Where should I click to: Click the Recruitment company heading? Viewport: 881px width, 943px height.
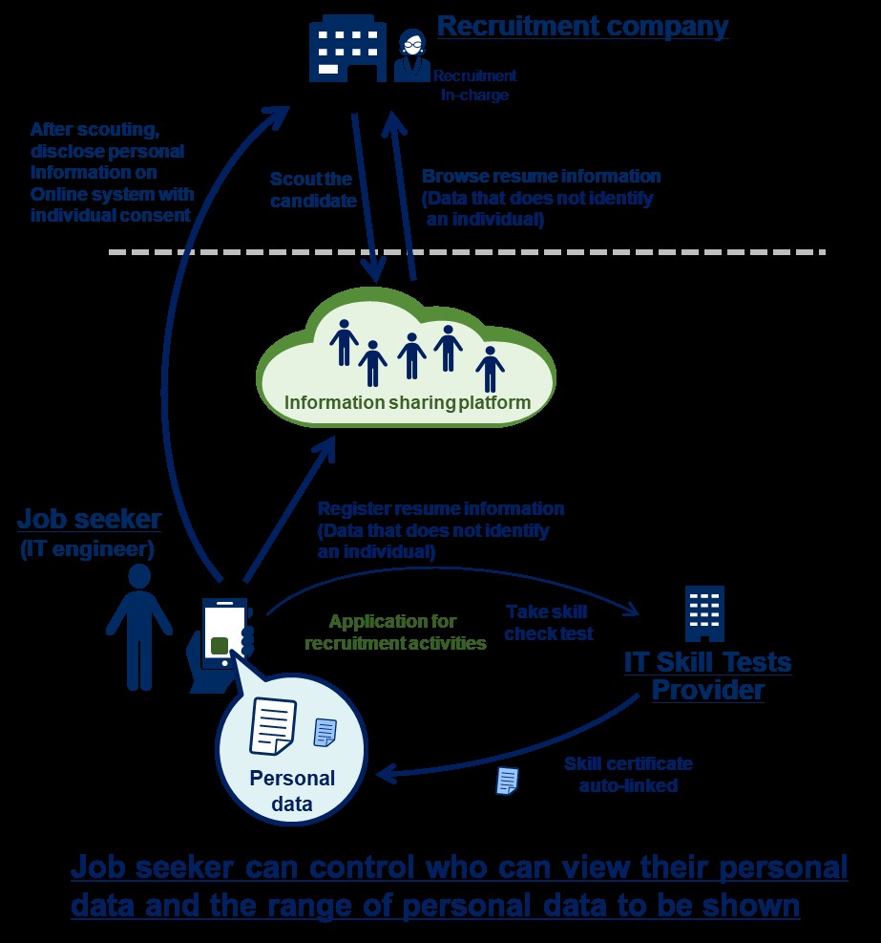[x=582, y=26]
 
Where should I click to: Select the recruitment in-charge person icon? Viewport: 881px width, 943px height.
[x=412, y=54]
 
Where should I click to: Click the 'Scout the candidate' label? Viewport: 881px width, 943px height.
[x=311, y=190]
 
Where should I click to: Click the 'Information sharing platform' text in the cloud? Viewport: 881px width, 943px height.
[x=408, y=402]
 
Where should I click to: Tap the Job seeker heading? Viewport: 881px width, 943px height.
[x=89, y=520]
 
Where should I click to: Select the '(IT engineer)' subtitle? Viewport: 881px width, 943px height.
[x=89, y=549]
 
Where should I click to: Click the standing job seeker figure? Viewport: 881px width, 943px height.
[x=139, y=626]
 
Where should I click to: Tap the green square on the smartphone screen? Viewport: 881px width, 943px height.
[x=220, y=645]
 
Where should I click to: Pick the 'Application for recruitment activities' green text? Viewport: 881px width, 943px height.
[x=394, y=632]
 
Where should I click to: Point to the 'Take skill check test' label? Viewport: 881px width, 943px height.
[x=549, y=622]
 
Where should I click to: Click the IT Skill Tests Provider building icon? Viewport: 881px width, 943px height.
[x=705, y=613]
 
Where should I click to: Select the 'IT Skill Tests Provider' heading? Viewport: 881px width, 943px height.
[x=707, y=675]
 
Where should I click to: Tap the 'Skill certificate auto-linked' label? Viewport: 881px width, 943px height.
[x=627, y=775]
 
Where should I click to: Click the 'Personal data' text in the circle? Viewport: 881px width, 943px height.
[x=292, y=790]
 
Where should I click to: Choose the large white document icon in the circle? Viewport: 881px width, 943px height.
[x=272, y=725]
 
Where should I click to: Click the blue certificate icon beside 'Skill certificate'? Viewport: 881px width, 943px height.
[x=507, y=781]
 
